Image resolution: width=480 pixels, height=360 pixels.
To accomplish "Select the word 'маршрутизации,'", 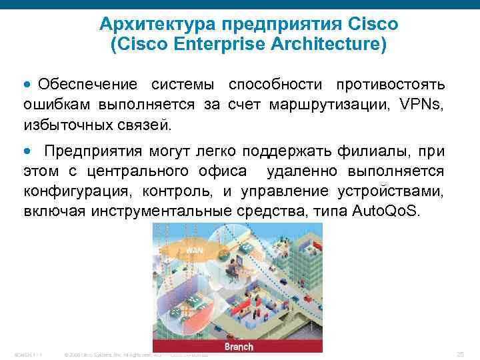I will [x=325, y=105].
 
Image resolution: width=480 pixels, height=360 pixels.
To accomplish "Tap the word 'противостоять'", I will [x=391, y=85].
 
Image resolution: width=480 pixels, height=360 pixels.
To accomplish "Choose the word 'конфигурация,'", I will [x=73, y=191].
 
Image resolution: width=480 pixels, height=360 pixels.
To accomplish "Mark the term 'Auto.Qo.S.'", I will [x=386, y=212].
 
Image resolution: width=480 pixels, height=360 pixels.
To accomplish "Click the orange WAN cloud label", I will [x=194, y=249].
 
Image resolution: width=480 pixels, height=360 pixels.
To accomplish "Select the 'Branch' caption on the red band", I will [x=238, y=347].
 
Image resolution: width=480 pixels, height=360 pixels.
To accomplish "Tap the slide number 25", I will [x=459, y=353].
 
